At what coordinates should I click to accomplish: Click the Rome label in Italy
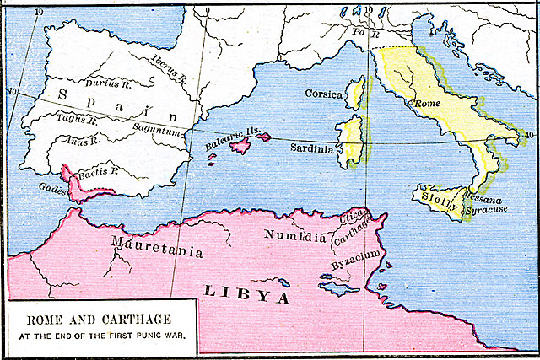pyautogui.click(x=424, y=104)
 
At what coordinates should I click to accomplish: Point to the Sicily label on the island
pyautogui.click(x=440, y=202)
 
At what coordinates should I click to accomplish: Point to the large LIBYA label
pyautogui.click(x=246, y=295)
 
